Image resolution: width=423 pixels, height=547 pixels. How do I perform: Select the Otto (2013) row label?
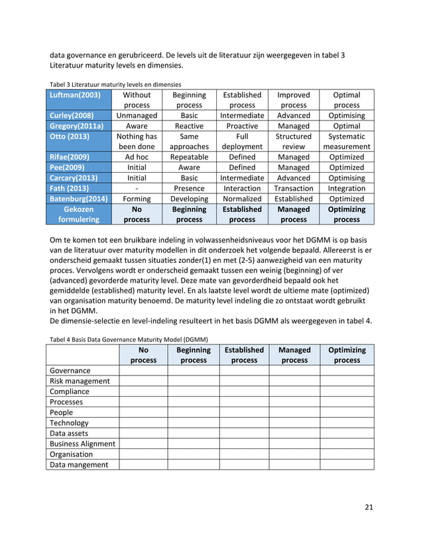(x=69, y=136)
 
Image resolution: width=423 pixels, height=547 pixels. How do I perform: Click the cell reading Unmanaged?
(x=137, y=115)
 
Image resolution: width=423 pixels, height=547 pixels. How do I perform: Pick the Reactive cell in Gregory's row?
(x=189, y=126)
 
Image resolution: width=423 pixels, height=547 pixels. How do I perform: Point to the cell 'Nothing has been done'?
(x=137, y=142)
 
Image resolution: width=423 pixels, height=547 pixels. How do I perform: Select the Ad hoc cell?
(x=137, y=157)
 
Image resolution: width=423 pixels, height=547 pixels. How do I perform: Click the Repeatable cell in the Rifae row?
(x=189, y=157)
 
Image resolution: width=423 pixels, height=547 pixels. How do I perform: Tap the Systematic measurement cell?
(x=346, y=142)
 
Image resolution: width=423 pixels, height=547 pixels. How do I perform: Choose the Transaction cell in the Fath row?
(x=293, y=188)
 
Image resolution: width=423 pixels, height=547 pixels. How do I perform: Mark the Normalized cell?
(x=242, y=199)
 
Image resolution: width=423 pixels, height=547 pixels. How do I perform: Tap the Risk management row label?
(x=80, y=381)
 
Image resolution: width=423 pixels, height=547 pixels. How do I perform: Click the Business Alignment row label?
(x=82, y=444)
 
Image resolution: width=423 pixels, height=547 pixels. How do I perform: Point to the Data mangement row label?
(x=79, y=465)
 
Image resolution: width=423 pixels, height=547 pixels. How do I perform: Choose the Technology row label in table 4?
(x=69, y=423)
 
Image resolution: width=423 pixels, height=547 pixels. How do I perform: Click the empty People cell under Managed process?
(x=294, y=413)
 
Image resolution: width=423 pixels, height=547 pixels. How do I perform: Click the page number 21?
(x=369, y=507)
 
